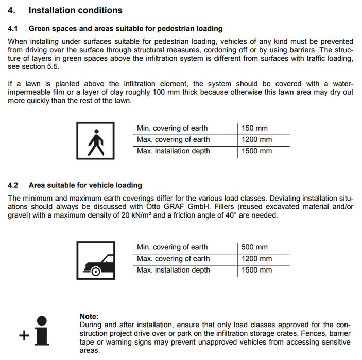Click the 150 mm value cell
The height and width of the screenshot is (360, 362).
click(254, 128)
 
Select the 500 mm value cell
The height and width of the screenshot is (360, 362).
click(254, 247)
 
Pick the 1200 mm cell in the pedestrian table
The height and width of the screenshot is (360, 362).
click(256, 139)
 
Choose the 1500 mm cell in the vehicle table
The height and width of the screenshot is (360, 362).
click(256, 270)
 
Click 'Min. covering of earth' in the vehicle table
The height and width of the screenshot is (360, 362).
click(172, 247)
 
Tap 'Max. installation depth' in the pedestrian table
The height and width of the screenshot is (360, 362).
click(173, 151)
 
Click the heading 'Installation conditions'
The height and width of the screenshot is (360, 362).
click(75, 10)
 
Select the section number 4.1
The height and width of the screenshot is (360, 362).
click(13, 29)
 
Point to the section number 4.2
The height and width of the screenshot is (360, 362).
click(13, 185)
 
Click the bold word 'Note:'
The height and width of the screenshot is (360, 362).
click(89, 316)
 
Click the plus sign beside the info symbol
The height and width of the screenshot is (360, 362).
click(24, 336)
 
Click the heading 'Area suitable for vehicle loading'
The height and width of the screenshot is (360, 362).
click(85, 185)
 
